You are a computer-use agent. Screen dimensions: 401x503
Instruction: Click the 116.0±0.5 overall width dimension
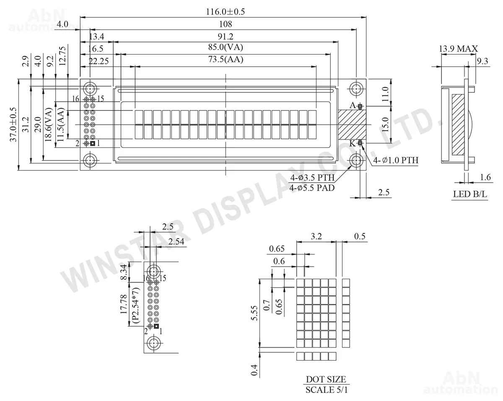click(225, 12)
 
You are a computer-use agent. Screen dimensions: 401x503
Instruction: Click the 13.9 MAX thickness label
click(458, 49)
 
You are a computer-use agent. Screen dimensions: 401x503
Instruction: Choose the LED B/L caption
click(470, 194)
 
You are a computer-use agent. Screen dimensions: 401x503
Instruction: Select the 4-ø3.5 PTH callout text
click(312, 178)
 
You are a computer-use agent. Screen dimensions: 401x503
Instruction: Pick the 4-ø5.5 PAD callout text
click(312, 188)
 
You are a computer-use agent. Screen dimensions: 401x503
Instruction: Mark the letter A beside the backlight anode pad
click(353, 105)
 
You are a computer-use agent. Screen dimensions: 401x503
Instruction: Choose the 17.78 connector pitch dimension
click(124, 304)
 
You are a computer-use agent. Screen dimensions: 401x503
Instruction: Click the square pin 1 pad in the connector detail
click(156, 326)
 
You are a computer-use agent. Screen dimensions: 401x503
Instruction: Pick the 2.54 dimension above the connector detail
click(176, 241)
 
